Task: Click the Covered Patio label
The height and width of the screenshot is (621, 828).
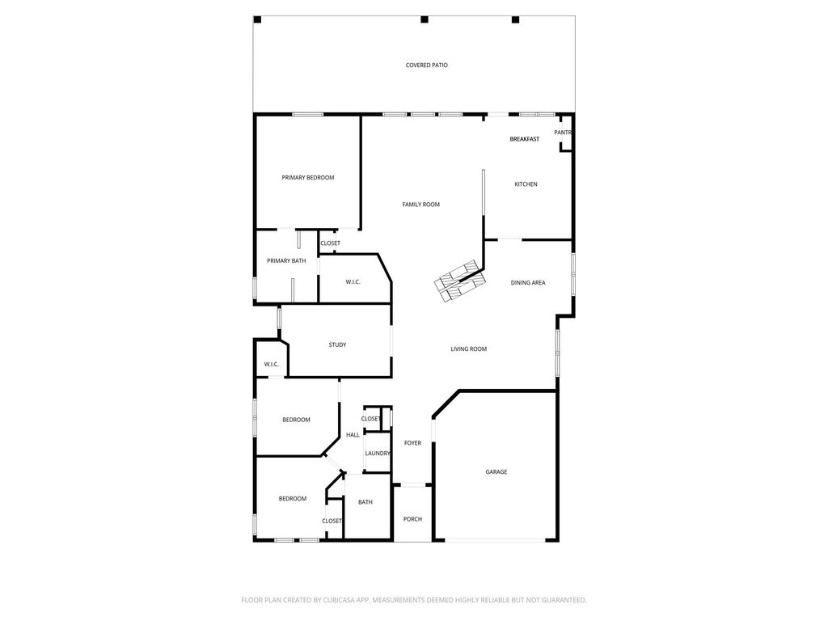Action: pos(427,65)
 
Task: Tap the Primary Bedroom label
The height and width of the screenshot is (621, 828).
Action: pos(308,178)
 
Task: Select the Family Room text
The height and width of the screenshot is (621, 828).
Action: pos(420,205)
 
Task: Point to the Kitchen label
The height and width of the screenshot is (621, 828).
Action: pos(526,184)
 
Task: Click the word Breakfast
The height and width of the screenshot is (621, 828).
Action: pos(524,139)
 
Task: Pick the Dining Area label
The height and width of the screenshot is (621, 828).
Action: pos(528,283)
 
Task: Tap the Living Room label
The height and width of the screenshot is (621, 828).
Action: pos(469,349)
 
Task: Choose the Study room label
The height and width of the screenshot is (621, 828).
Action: pos(337,344)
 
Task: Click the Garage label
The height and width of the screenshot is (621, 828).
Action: pos(496,472)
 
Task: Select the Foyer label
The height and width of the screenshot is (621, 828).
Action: pos(413,443)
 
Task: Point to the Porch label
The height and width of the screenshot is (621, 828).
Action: pos(413,519)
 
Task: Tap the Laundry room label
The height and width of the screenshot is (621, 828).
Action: pos(378,454)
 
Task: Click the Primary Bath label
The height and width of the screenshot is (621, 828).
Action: pos(286,261)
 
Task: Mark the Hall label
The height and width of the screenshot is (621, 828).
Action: pos(353,435)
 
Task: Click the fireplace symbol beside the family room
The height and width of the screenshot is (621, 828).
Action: pos(459,281)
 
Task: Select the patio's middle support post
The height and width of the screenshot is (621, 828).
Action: pos(424,19)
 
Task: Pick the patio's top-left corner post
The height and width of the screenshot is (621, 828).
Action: pos(258,19)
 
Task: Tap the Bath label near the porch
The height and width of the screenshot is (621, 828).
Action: pos(365,502)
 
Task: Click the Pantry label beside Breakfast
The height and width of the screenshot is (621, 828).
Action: pos(563,133)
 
